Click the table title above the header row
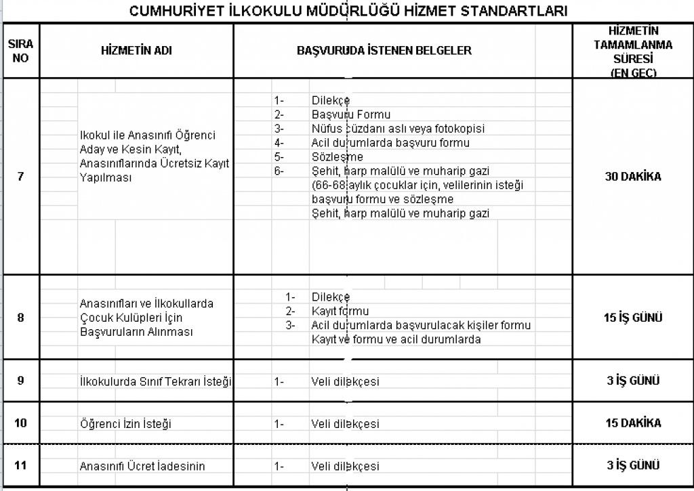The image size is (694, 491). click(348, 12)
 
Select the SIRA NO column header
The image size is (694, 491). click(20, 51)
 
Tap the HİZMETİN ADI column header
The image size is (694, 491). click(136, 51)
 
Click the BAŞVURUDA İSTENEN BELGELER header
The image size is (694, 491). click(384, 51)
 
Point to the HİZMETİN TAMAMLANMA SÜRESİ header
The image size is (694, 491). click(633, 51)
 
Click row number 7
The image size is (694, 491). click(20, 177)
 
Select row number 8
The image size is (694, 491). click(20, 317)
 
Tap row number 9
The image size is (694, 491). click(20, 380)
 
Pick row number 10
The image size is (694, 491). click(20, 423)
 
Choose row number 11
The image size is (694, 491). click(20, 465)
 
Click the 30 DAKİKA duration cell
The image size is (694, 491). click(633, 177)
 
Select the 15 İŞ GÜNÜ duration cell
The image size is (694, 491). click(633, 317)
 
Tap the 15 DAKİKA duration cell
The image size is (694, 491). click(633, 423)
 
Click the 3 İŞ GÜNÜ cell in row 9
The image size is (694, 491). click(633, 380)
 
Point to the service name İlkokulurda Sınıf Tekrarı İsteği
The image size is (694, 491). click(155, 381)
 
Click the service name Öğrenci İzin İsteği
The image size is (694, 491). click(125, 424)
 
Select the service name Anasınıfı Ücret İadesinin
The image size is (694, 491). click(142, 466)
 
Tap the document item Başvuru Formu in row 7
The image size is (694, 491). click(351, 114)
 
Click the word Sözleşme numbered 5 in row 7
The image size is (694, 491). click(337, 157)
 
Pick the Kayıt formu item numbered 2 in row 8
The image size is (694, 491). click(340, 311)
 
